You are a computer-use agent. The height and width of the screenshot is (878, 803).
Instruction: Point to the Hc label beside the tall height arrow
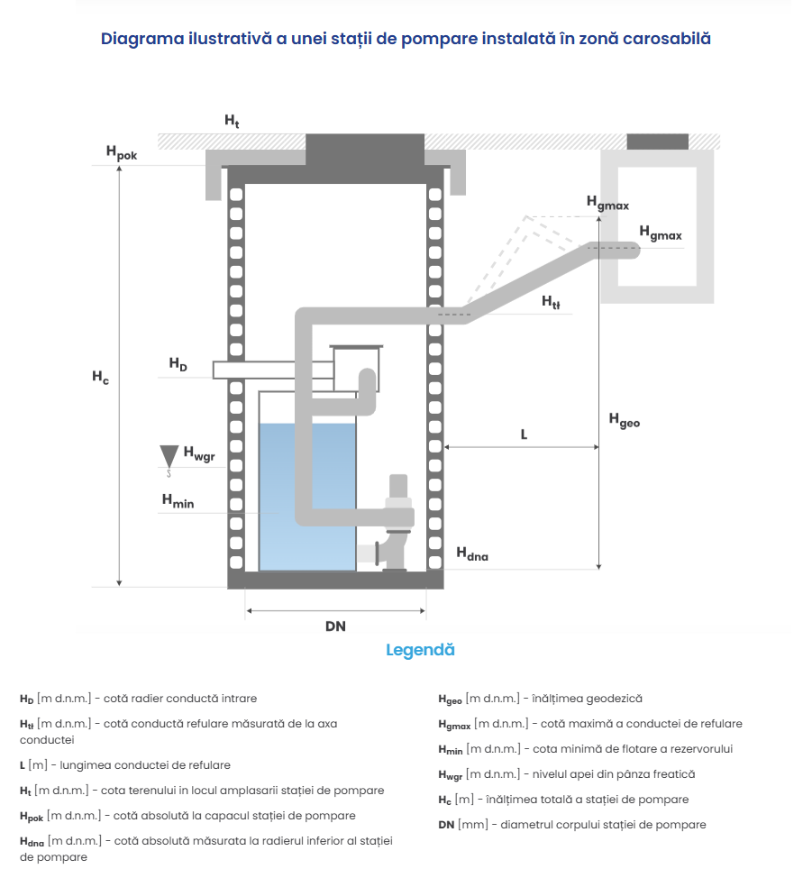point(100,378)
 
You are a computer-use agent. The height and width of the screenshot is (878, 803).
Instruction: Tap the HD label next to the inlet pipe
point(178,364)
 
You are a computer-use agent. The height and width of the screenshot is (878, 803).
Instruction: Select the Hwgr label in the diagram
point(199,454)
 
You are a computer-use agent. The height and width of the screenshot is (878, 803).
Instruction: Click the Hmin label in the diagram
point(178,500)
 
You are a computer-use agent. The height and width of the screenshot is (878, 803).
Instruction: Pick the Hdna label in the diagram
point(471,554)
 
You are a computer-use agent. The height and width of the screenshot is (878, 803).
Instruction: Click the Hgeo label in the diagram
point(624,419)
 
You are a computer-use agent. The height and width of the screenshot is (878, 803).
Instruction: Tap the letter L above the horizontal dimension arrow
point(524,434)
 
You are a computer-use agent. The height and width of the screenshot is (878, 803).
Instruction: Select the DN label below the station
point(335,626)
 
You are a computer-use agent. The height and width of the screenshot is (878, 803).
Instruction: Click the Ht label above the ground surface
point(232,121)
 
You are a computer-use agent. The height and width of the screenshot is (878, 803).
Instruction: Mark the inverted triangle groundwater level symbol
point(168,454)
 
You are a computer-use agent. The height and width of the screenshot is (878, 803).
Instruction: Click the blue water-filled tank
point(306,496)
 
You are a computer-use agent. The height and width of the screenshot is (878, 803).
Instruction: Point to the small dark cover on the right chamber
point(658,141)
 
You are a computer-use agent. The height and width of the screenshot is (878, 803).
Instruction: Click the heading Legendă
point(420,650)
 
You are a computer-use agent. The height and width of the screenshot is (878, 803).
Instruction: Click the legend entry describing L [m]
point(125,765)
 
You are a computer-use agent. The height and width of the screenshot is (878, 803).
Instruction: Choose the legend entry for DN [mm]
point(571,825)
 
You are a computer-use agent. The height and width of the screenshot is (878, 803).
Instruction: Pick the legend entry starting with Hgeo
point(540,699)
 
